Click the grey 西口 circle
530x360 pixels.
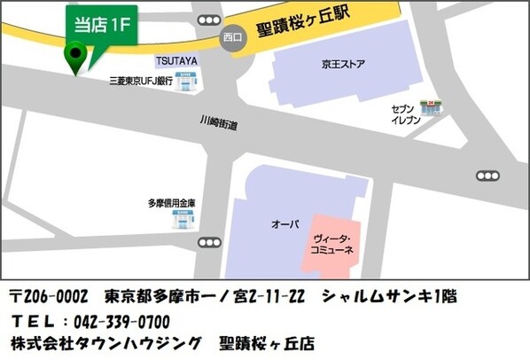pos(233,39)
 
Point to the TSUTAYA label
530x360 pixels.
pos(176,61)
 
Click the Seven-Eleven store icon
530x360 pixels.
pos(434,107)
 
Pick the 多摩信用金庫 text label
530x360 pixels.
pos(170,203)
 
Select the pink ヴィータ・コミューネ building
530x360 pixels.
pos(335,244)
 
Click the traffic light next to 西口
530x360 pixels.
pos(209,20)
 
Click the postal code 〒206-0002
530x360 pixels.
pos(50,295)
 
